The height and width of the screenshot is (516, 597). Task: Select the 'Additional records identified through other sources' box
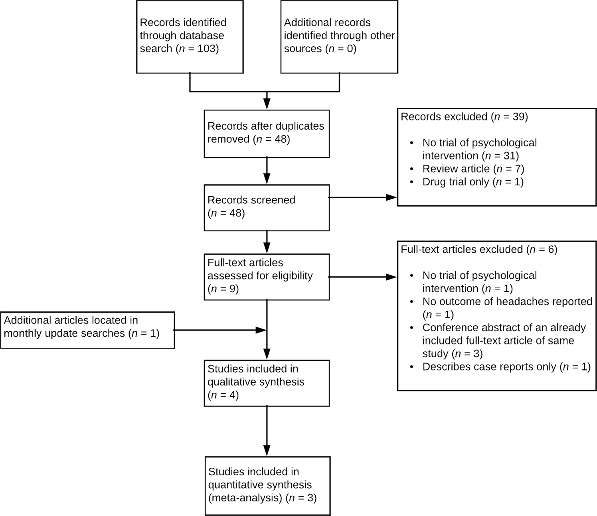(x=339, y=37)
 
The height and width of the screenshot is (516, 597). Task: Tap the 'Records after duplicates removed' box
(x=266, y=133)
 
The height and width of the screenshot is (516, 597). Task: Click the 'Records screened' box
(x=266, y=207)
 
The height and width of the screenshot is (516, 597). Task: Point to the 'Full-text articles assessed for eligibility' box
(x=266, y=276)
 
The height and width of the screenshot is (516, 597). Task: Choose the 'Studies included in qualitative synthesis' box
(x=266, y=383)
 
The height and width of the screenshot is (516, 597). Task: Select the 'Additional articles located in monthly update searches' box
(x=87, y=330)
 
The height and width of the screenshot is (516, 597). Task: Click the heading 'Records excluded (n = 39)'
(x=464, y=117)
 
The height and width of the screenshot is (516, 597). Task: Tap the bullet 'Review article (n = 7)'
(x=473, y=169)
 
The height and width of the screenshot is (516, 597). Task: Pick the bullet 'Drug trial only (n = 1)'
(x=472, y=182)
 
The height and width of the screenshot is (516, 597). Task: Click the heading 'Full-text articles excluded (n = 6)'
(x=478, y=250)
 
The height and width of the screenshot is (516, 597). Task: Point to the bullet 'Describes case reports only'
(x=489, y=367)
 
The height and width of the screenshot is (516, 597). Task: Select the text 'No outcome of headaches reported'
(x=507, y=301)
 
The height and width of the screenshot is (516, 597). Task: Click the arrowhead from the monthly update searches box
(x=261, y=330)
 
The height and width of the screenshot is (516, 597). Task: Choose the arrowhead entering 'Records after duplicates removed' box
(x=267, y=104)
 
